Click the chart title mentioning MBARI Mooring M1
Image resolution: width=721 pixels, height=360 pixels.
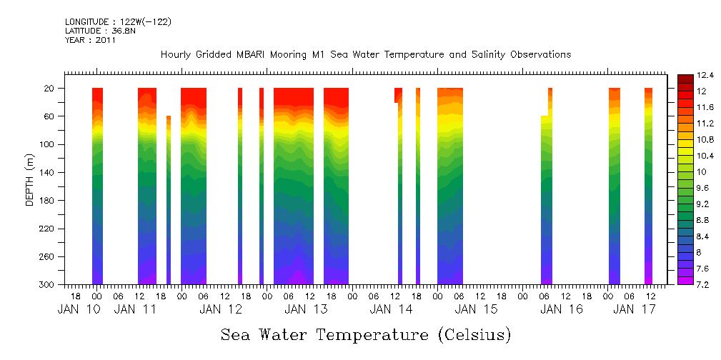(366, 54)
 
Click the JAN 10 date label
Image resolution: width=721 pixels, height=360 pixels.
(79, 309)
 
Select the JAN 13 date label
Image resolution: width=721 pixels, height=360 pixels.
(306, 309)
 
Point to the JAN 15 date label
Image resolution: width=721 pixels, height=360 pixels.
(476, 309)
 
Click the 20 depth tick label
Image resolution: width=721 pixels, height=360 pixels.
(49, 89)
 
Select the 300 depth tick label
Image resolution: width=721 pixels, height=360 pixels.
(46, 285)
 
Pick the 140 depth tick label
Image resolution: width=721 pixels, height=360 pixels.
(46, 173)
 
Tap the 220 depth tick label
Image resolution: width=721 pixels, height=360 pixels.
(46, 229)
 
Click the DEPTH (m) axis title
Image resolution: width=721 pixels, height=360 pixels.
(30, 179)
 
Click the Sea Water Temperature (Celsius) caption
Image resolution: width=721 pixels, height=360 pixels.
(366, 335)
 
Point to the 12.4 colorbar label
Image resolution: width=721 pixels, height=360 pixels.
(706, 75)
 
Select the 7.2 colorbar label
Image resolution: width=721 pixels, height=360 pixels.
(704, 285)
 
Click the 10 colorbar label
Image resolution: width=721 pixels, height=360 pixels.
(702, 172)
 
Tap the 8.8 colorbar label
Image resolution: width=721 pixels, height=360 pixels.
(704, 220)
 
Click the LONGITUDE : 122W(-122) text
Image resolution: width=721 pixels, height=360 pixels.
(118, 22)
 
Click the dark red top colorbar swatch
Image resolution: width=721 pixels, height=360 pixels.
(685, 78)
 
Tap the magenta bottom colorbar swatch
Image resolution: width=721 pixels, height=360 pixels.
(685, 281)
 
